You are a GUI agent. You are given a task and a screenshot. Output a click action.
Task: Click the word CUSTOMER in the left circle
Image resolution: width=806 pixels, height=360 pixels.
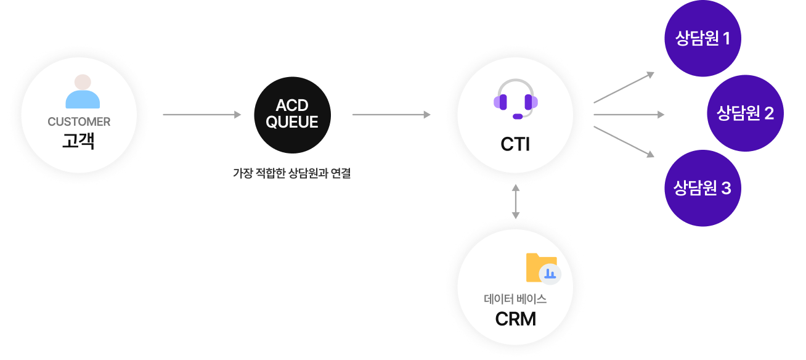(79, 122)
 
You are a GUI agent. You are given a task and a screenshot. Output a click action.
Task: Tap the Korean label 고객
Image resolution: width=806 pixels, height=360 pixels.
(79, 142)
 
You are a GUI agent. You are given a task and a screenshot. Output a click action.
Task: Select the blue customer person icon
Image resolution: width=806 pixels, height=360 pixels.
(83, 92)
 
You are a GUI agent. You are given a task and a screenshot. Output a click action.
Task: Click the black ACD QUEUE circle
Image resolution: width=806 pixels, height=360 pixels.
(292, 115)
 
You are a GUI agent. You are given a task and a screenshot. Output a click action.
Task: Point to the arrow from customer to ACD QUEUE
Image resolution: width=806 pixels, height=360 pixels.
(202, 115)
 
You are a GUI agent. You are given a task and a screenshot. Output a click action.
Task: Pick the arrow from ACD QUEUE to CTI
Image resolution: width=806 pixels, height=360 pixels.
(391, 115)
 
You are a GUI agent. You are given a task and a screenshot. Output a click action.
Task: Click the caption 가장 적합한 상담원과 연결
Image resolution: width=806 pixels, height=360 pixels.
(291, 174)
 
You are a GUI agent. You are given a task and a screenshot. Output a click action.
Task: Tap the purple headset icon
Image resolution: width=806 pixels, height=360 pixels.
(516, 99)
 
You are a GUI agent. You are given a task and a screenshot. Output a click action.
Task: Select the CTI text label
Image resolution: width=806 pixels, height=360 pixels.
(516, 145)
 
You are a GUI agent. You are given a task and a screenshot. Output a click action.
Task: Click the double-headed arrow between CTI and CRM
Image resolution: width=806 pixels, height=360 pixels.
(516, 202)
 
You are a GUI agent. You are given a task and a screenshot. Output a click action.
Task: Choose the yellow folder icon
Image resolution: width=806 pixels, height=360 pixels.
(539, 267)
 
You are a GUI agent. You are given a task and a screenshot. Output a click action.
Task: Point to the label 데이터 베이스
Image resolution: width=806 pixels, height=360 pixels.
(516, 300)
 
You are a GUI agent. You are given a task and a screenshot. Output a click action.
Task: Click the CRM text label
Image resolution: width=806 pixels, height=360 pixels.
(516, 319)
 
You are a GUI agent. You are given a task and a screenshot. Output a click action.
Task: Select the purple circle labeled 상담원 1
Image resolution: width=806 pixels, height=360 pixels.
(702, 39)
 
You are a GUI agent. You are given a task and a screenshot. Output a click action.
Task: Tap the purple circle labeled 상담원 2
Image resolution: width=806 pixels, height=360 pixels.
(745, 113)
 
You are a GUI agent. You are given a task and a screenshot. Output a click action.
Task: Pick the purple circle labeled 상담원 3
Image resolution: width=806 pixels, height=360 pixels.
(702, 188)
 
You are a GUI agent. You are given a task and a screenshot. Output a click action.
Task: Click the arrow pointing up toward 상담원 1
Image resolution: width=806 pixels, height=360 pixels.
(623, 88)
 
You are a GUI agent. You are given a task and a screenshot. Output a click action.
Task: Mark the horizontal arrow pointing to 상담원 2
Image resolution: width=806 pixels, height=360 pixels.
(629, 115)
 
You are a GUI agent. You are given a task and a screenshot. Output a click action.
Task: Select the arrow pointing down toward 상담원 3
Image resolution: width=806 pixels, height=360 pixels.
(623, 141)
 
